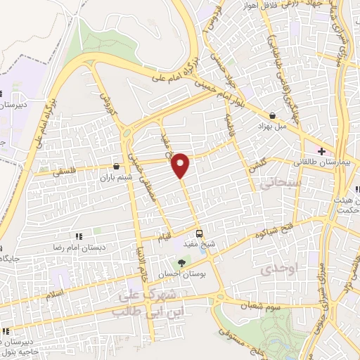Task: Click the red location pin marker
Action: click(181, 165)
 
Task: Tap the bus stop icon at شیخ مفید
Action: click(200, 234)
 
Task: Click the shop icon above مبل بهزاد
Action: click(272, 115)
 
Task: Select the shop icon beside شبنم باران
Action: click(116, 167)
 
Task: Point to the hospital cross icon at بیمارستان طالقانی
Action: click(321, 151)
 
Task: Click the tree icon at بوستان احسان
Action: click(183, 264)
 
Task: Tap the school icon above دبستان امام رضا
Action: click(79, 237)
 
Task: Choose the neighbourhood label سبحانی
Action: click(271, 184)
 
